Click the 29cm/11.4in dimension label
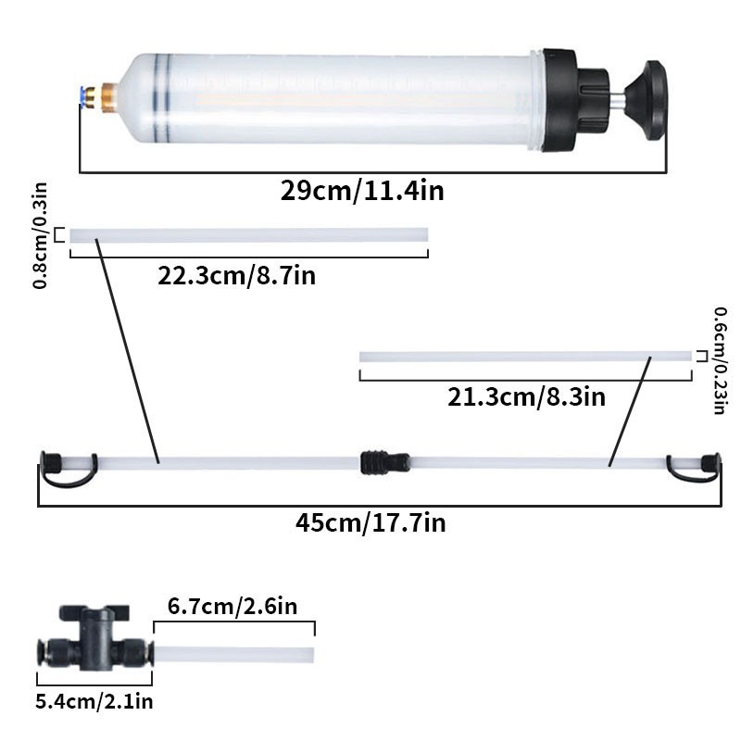362,192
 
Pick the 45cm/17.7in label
370,522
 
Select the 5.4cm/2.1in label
94,701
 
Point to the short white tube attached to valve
232,654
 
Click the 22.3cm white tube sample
248,235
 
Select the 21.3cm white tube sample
525,357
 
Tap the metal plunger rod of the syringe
613,96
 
